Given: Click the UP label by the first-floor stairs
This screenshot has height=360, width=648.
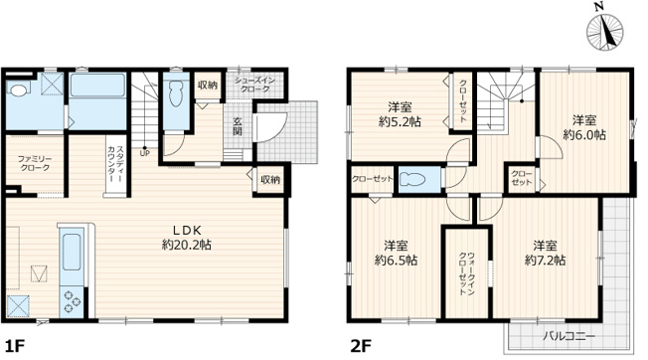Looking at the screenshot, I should coord(145,152).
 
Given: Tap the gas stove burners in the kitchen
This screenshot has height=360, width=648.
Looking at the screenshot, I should coord(74,297).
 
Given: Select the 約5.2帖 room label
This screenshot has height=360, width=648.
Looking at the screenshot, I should coord(401,114).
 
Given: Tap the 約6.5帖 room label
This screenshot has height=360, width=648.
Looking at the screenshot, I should coord(396,253).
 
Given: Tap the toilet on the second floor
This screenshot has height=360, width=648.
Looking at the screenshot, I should coord(418,179).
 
